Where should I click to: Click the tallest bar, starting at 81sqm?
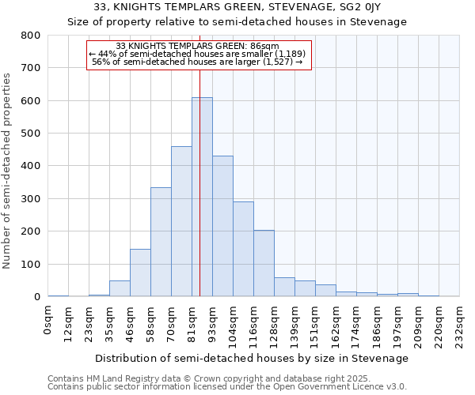click(202, 197)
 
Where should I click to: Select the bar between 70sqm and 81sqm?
click(181, 221)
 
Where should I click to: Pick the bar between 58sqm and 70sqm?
click(161, 242)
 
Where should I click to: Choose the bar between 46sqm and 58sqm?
click(140, 273)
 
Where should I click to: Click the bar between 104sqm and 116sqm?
click(243, 249)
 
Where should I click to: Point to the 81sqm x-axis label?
click(192, 324)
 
